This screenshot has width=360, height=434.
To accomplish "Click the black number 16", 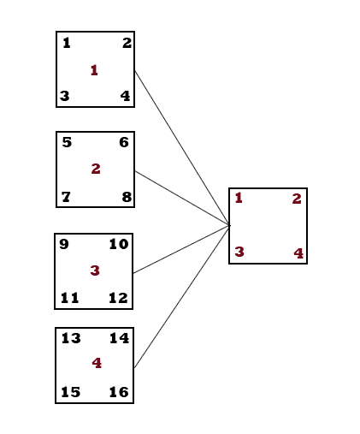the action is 119,392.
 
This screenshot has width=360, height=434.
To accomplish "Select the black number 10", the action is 119,244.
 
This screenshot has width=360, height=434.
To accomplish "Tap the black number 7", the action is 66,197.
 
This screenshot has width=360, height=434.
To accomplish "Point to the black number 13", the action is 71,338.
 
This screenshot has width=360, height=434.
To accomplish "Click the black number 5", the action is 67,142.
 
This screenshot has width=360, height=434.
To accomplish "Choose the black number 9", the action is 64,244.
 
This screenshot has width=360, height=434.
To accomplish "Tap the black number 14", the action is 119,338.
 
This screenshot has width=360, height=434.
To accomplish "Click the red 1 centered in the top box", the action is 94,70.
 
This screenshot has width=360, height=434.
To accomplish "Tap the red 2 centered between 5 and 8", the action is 96,169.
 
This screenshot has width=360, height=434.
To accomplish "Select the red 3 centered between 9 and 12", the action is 95,271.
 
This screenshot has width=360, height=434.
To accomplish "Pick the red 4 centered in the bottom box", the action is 97,363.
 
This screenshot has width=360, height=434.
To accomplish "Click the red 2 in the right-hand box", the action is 297,199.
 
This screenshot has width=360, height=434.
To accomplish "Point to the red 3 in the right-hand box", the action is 239,252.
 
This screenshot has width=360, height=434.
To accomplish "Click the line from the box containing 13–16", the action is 181,296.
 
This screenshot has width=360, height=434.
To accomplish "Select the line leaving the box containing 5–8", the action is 182,199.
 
